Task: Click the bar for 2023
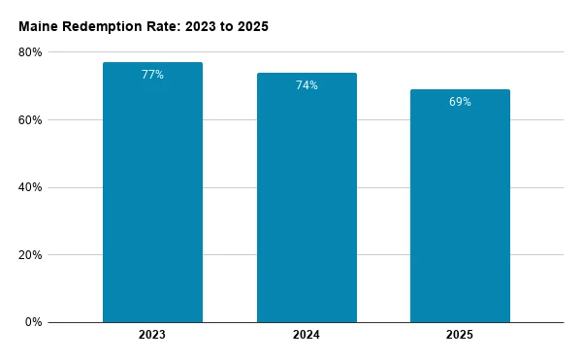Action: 152,192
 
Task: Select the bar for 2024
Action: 307,197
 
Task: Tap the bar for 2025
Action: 460,206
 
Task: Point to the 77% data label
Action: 152,75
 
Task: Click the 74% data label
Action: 307,85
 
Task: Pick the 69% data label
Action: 460,102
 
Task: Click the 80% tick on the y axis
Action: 30,52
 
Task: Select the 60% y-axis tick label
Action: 30,120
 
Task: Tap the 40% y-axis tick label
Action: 30,187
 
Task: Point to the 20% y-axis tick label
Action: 30,255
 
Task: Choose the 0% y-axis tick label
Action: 33,322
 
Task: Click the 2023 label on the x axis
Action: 152,335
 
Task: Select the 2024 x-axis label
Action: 307,335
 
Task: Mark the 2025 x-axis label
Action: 460,335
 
